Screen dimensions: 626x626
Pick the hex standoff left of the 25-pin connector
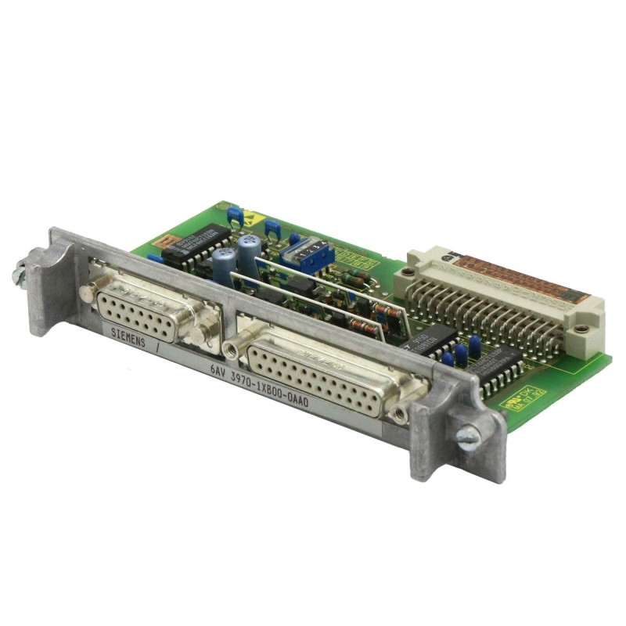[x=232, y=347]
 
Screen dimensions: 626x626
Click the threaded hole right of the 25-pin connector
[x=401, y=412]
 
